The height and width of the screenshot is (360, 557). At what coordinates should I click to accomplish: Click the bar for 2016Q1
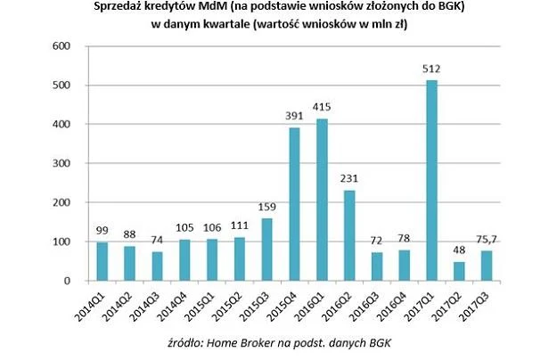[x=322, y=200]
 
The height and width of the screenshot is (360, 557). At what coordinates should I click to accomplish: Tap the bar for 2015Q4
[x=294, y=204]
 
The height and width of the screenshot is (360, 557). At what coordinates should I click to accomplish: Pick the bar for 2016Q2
[x=348, y=235]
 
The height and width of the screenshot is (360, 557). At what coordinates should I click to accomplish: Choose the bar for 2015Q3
[x=267, y=250]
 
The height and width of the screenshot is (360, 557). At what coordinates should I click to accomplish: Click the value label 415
[x=322, y=108]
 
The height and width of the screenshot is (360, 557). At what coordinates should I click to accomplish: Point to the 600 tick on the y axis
[x=63, y=46]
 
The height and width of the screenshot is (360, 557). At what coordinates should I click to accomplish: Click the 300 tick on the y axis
[x=63, y=164]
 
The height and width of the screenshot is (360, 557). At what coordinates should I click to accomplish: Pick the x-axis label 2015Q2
[x=225, y=303]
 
